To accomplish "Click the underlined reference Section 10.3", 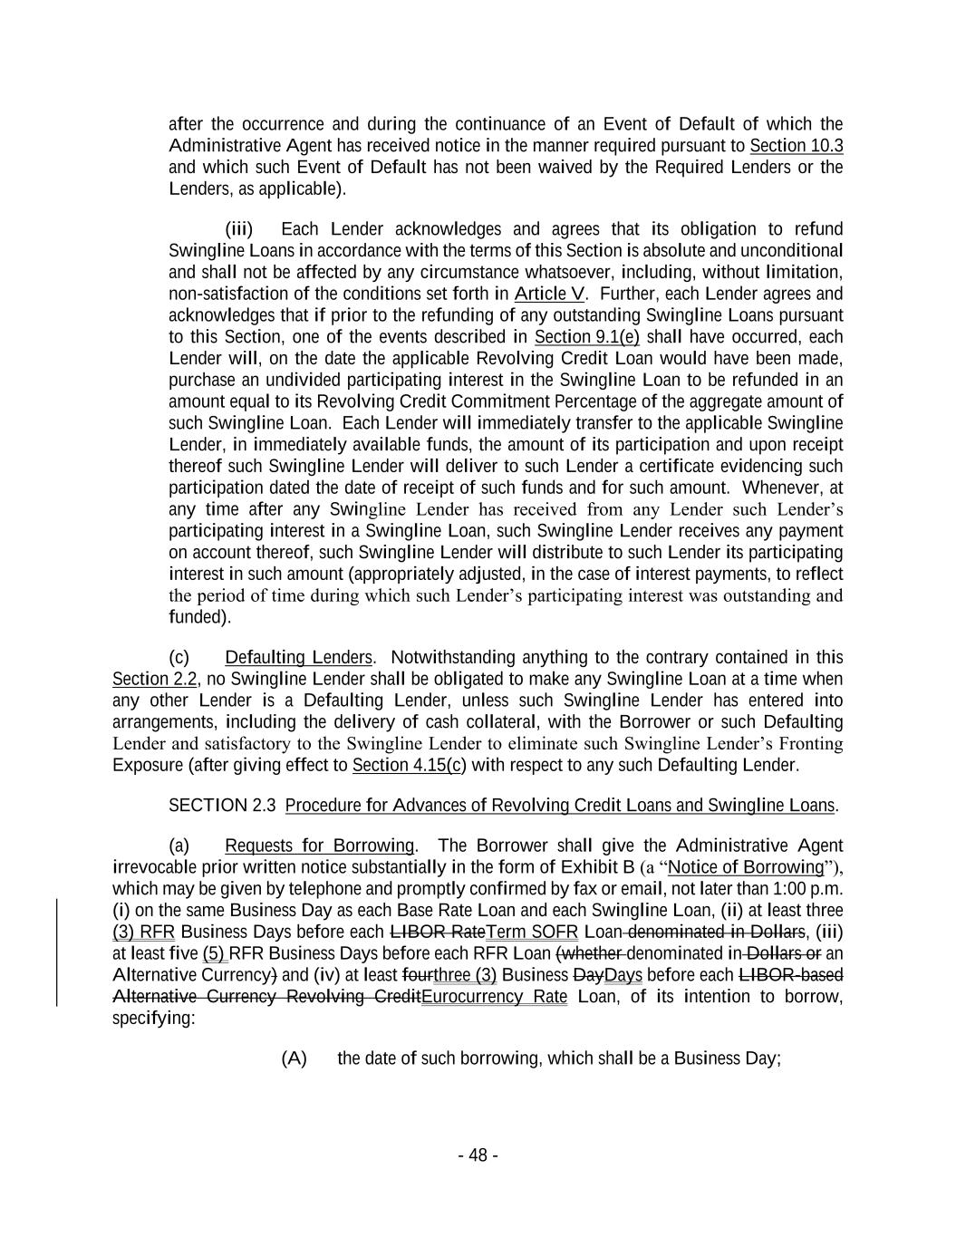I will point(796,146).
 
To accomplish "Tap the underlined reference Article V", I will point(549,294).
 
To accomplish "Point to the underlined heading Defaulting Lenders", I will point(298,657).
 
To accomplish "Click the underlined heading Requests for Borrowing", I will point(319,846).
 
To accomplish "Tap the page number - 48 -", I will point(478,1155).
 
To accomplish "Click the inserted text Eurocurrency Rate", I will point(494,997).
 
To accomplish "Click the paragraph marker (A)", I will point(294,1058).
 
